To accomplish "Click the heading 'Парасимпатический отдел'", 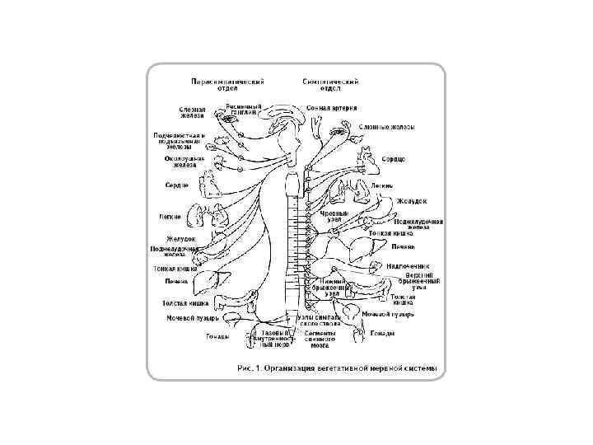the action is pos(226,86).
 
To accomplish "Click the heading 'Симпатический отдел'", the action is pos(329,86).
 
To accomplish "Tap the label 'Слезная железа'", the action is pos(195,114).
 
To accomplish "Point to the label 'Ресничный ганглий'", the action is pos(245,109).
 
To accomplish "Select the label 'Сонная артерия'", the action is pos(331,107).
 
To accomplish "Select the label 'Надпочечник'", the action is pos(409,266).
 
